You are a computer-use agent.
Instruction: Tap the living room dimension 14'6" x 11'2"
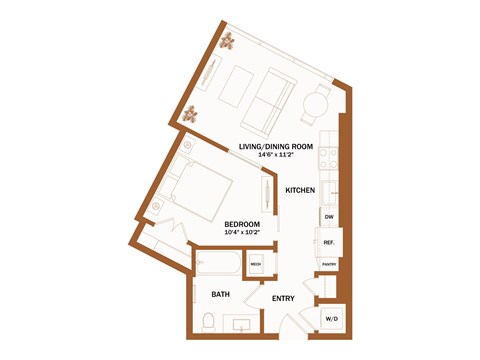pos(285,155)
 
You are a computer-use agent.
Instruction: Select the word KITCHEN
pos(301,189)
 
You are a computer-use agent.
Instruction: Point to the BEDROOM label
pos(242,223)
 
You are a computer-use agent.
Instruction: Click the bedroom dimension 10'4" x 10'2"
pos(242,232)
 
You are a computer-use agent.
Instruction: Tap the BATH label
pos(221,294)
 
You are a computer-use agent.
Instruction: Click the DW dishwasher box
pos(328,216)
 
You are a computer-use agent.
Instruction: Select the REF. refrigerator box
pos(328,242)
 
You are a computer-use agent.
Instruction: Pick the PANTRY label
pos(328,266)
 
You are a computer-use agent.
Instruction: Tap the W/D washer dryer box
pos(330,319)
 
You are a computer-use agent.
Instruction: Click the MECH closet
pos(256,264)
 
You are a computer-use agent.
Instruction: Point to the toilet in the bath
pos(208,321)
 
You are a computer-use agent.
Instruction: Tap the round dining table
pos(316,102)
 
